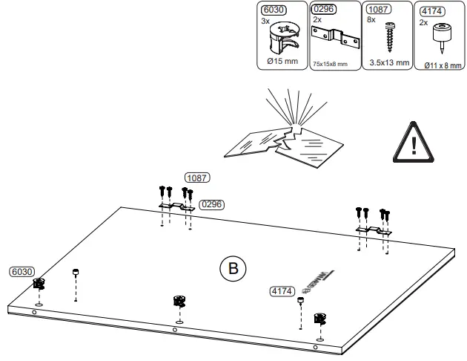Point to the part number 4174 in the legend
430,11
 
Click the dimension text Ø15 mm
281,62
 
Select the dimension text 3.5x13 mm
388,62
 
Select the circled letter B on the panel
233,267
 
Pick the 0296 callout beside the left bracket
212,204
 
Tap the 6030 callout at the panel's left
20,273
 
